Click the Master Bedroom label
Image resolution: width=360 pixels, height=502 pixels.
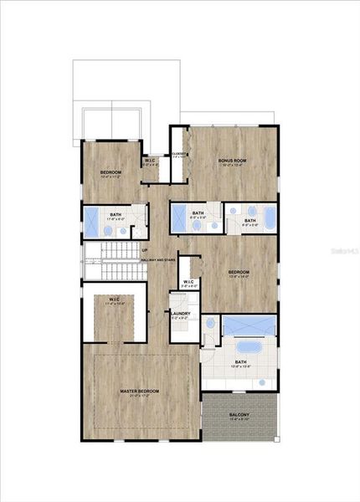click(140, 391)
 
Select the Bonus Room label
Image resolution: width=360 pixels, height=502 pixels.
click(231, 161)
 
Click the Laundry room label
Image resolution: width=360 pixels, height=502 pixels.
click(181, 314)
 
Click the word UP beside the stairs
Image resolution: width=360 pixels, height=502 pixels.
click(144, 250)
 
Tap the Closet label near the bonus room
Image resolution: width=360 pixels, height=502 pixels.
click(177, 154)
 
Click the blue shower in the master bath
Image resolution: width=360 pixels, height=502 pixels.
click(249, 325)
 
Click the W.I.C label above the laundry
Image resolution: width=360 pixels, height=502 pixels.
click(190, 282)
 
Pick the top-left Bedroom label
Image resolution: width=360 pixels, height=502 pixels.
click(111, 172)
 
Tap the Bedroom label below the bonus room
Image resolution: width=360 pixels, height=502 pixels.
click(239, 273)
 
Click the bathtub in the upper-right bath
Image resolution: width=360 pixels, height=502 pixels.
click(267, 218)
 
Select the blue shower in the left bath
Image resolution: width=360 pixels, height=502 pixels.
click(91, 223)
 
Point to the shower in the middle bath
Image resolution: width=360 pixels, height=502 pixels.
click(180, 218)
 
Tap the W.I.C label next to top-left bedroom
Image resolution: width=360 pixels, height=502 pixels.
click(151, 161)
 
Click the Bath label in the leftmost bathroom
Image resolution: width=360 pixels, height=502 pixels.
click(115, 215)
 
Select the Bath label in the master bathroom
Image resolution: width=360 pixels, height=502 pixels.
click(240, 362)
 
